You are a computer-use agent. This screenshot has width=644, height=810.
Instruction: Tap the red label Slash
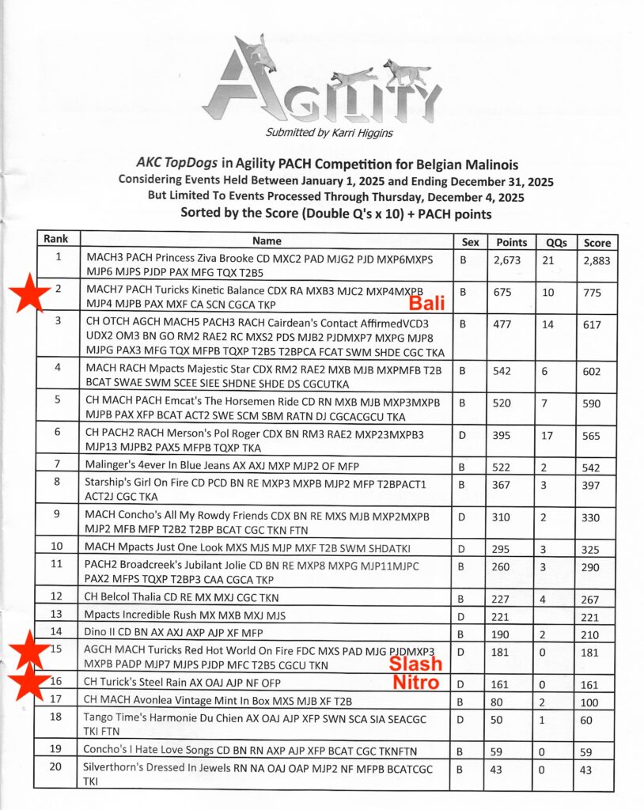[415, 664]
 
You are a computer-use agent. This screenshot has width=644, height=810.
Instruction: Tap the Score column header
[596, 241]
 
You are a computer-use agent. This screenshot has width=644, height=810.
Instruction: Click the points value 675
[502, 291]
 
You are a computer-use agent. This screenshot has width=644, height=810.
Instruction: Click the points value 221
[501, 615]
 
